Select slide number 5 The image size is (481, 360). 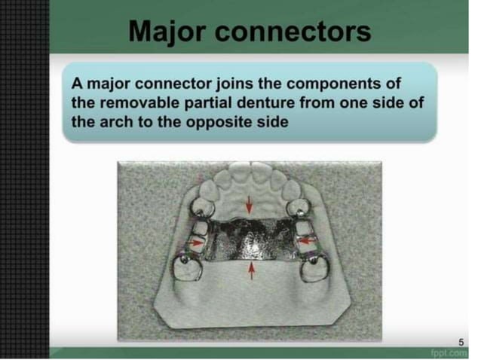click(462, 343)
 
